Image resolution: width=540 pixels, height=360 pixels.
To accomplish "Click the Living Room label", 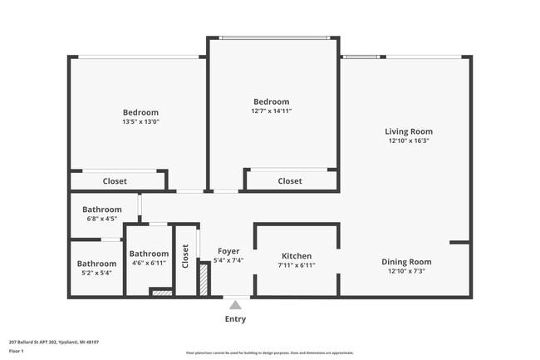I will [408, 131].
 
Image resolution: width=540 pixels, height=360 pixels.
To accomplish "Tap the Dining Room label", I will [408, 262].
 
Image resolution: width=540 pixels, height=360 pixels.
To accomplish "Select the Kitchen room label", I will [297, 256].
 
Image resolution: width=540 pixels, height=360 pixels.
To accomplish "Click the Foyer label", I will [228, 251].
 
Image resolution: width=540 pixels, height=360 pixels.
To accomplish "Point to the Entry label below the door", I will [235, 318].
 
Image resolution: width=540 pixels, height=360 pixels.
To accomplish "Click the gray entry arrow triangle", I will [235, 305].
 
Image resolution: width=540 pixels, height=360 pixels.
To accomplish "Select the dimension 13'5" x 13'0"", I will [140, 121].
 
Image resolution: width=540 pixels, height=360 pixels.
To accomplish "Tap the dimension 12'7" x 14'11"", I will [272, 111].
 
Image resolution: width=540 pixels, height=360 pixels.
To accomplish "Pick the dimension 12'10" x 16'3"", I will [408, 141].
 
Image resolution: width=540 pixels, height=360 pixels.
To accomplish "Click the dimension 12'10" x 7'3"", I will [408, 271].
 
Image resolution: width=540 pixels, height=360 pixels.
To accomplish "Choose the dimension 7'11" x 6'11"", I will [297, 265].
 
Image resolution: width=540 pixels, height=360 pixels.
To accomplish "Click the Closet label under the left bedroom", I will [115, 181].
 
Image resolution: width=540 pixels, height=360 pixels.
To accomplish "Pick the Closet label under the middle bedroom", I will [290, 181].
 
